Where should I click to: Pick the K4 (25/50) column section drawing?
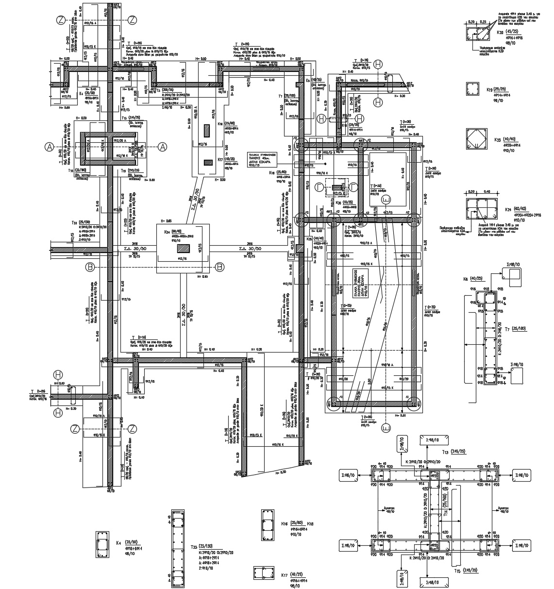[102, 545]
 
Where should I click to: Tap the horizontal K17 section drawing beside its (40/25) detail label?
[265, 572]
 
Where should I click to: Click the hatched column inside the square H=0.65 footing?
[183, 248]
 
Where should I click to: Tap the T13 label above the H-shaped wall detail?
[445, 452]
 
